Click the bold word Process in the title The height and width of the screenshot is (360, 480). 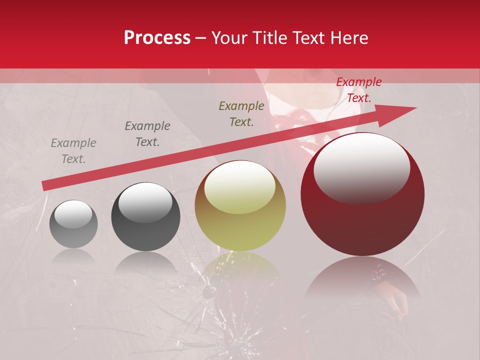(x=157, y=38)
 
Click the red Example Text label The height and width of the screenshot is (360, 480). (x=358, y=90)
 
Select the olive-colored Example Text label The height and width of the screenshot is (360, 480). (x=241, y=114)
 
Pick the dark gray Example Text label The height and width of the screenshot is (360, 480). (x=147, y=134)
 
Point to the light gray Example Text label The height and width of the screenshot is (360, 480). (x=73, y=151)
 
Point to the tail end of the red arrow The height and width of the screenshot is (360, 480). (x=44, y=186)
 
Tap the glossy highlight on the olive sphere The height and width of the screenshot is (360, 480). (x=240, y=186)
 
